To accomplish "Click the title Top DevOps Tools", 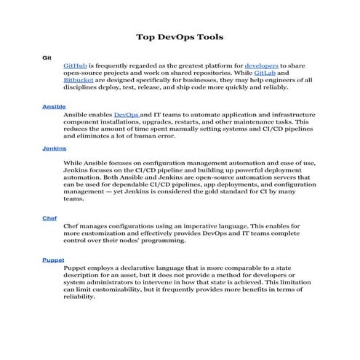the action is pyautogui.click(x=180, y=36).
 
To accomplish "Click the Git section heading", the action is pyautogui.click(x=47, y=56).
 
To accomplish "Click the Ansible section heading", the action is pyautogui.click(x=54, y=106).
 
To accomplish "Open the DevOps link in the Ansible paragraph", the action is pyautogui.click(x=127, y=115).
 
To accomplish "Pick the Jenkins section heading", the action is pyautogui.click(x=54, y=148).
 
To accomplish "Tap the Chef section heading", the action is pyautogui.click(x=49, y=217).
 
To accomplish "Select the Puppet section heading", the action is pyautogui.click(x=53, y=260).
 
